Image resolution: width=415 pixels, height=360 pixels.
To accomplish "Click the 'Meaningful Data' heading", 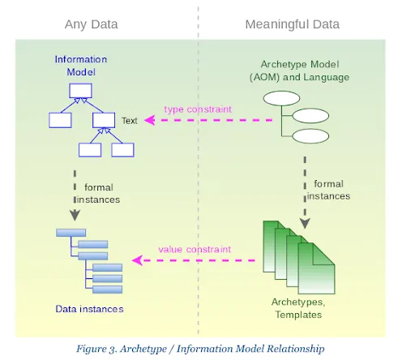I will point(292,24).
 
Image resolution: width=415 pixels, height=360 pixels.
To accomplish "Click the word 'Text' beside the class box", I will point(130,121).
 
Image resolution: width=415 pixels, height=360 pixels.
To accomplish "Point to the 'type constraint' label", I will point(198,109).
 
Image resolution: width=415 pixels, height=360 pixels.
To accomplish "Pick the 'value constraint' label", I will point(195,249).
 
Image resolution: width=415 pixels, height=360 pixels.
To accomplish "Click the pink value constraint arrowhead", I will point(137,260).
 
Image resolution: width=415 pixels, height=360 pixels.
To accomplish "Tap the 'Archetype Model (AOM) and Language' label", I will point(300,71).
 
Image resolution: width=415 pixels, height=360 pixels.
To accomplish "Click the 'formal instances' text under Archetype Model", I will point(328,190).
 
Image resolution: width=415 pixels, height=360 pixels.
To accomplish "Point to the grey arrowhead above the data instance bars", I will point(75,215).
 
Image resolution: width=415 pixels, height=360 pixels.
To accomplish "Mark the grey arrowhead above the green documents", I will point(305,221).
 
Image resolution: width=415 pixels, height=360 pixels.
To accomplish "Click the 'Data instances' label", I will point(89,308).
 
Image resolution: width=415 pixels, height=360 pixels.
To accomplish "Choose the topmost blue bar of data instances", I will point(71,233).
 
